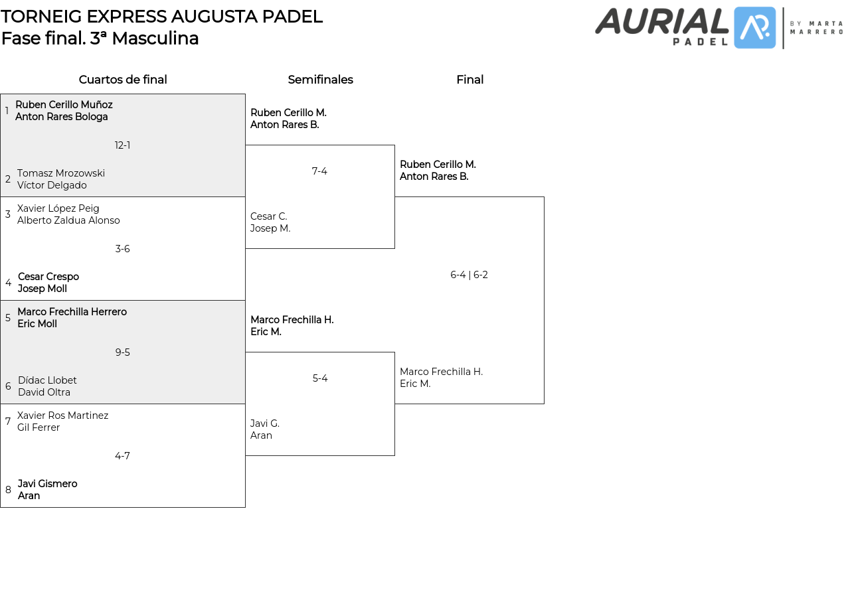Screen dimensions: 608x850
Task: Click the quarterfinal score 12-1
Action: pos(122,145)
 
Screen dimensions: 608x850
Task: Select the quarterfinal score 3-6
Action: pos(122,249)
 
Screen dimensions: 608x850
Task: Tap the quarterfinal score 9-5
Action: pos(122,352)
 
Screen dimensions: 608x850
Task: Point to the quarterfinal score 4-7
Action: pos(122,456)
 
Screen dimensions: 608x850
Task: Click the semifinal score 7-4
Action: pos(319,171)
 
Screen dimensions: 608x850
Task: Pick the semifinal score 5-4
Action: pos(320,378)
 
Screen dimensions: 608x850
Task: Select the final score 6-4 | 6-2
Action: pos(469,275)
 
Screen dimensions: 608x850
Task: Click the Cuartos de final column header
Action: pos(123,80)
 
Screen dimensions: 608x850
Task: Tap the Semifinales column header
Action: pos(320,80)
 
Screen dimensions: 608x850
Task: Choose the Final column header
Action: pos(469,80)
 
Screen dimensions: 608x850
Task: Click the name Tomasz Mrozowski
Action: pos(61,173)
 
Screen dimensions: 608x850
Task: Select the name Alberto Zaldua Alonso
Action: pos(68,220)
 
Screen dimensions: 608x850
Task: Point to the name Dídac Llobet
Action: pos(47,380)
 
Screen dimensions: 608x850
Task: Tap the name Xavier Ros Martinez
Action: pos(62,416)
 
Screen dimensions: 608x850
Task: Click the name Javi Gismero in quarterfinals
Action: pos(47,484)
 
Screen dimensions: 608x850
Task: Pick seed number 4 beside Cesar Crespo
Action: pos(8,283)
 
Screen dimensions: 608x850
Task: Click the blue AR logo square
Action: pos(754,28)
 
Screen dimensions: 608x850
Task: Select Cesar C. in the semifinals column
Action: pos(268,216)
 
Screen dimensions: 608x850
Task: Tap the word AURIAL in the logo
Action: pos(661,21)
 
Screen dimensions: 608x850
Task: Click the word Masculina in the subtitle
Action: pos(155,38)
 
